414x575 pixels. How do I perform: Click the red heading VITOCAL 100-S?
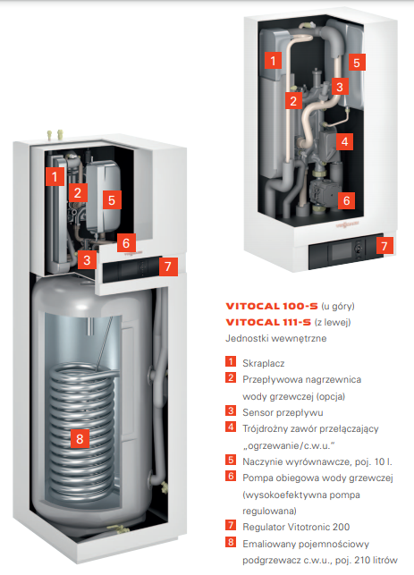coord(272,306)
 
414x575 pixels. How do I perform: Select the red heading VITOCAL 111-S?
coord(268,322)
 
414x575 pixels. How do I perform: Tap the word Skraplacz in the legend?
coord(263,363)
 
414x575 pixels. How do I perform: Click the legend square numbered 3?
coord(231,410)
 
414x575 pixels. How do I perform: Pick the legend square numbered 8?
coord(231,542)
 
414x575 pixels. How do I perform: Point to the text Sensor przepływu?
coord(283,412)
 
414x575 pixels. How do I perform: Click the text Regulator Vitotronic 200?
coord(296,527)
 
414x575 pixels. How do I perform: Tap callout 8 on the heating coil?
coord(80,438)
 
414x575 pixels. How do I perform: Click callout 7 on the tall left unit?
coord(168,266)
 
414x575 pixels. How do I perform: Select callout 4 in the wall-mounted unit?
coord(344,141)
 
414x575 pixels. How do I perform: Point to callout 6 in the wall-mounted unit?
coord(346,200)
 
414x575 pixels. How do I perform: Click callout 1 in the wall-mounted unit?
coord(273,60)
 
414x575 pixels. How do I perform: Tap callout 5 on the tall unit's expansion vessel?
coord(112,199)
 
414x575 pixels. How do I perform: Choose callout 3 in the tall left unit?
coord(87,260)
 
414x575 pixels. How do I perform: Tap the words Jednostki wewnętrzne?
coord(275,338)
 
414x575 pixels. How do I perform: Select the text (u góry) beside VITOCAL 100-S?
coord(338,306)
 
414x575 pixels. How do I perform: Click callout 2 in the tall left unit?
coord(78,192)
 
